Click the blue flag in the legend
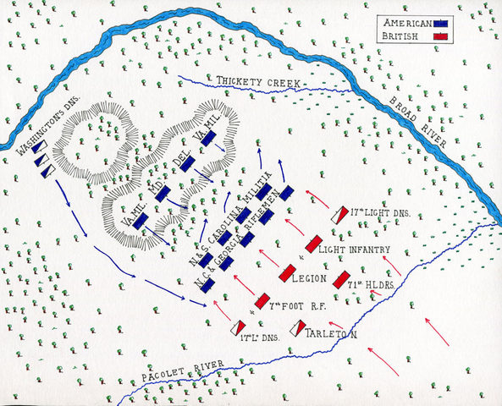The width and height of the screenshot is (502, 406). click(x=440, y=25)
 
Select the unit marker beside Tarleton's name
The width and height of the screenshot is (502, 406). click(x=300, y=327)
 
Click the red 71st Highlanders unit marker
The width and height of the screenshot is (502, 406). click(x=342, y=278)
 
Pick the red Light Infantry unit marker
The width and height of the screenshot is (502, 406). click(x=313, y=244)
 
